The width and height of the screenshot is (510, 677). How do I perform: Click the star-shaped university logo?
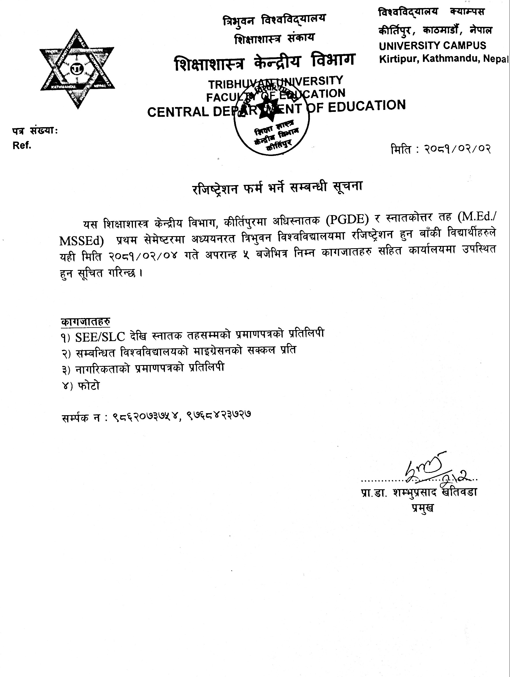click(x=77, y=69)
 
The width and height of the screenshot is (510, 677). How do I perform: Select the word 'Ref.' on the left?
click(x=22, y=146)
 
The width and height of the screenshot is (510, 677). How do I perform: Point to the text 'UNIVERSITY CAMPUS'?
click(x=432, y=46)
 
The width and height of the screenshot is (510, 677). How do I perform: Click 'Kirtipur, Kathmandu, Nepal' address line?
click(x=444, y=59)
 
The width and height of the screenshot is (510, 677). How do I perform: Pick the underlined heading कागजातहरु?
click(x=85, y=322)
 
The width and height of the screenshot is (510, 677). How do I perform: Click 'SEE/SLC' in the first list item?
click(x=100, y=337)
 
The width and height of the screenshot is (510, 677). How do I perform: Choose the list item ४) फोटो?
click(x=80, y=386)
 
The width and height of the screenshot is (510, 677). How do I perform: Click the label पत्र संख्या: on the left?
click(x=35, y=131)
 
